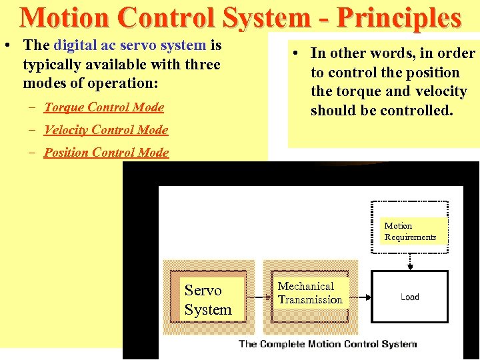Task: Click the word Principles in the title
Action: pyautogui.click(x=399, y=19)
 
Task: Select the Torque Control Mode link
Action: pyautogui.click(x=104, y=107)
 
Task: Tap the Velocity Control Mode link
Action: pyautogui.click(x=106, y=130)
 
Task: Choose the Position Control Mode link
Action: pyautogui.click(x=107, y=153)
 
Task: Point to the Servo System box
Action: pyautogui.click(x=208, y=300)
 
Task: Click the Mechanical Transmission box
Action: pyautogui.click(x=310, y=293)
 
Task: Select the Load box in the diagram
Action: pyautogui.click(x=409, y=297)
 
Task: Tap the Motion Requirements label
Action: pyautogui.click(x=410, y=231)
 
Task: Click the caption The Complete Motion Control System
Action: pyautogui.click(x=327, y=344)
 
